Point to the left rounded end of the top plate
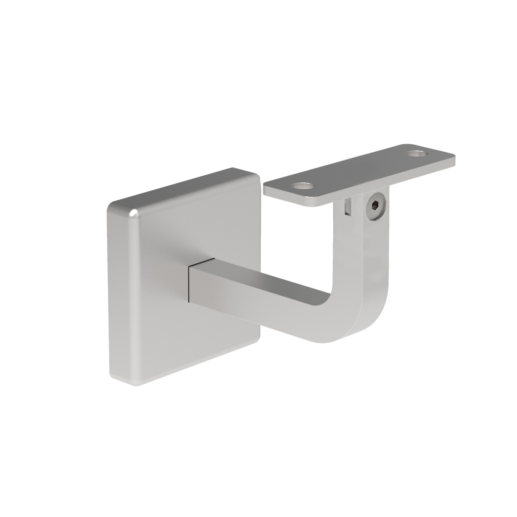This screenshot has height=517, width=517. pos(267,190)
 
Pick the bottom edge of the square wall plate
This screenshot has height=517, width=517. pos(188,356)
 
